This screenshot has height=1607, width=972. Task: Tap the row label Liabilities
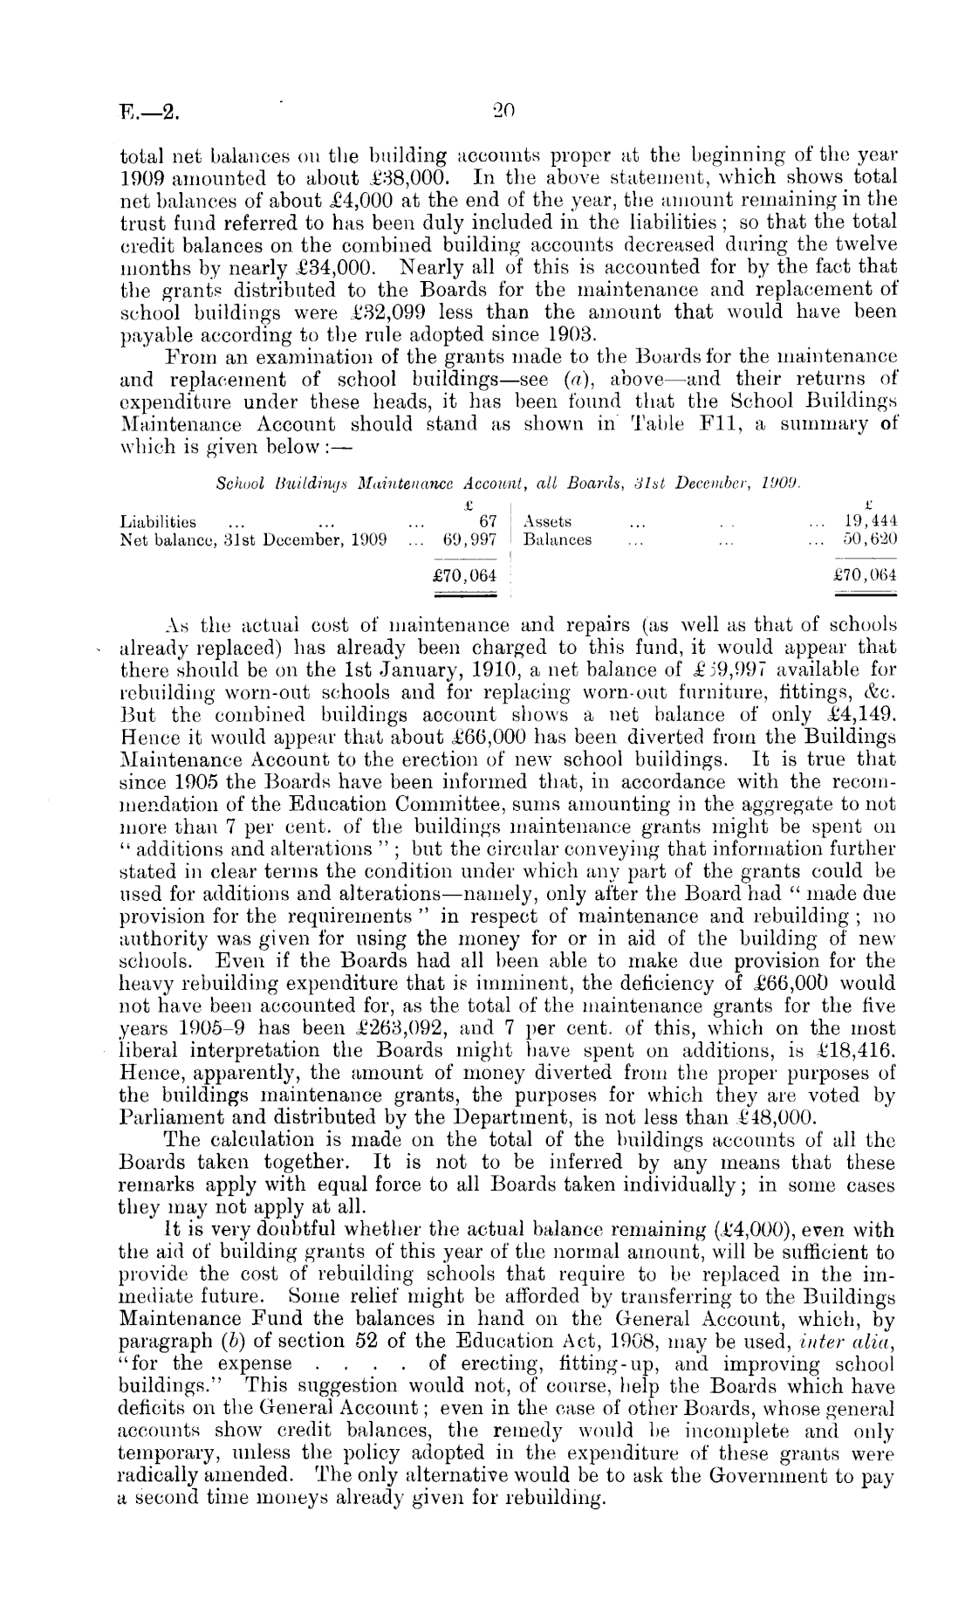click(x=158, y=522)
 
